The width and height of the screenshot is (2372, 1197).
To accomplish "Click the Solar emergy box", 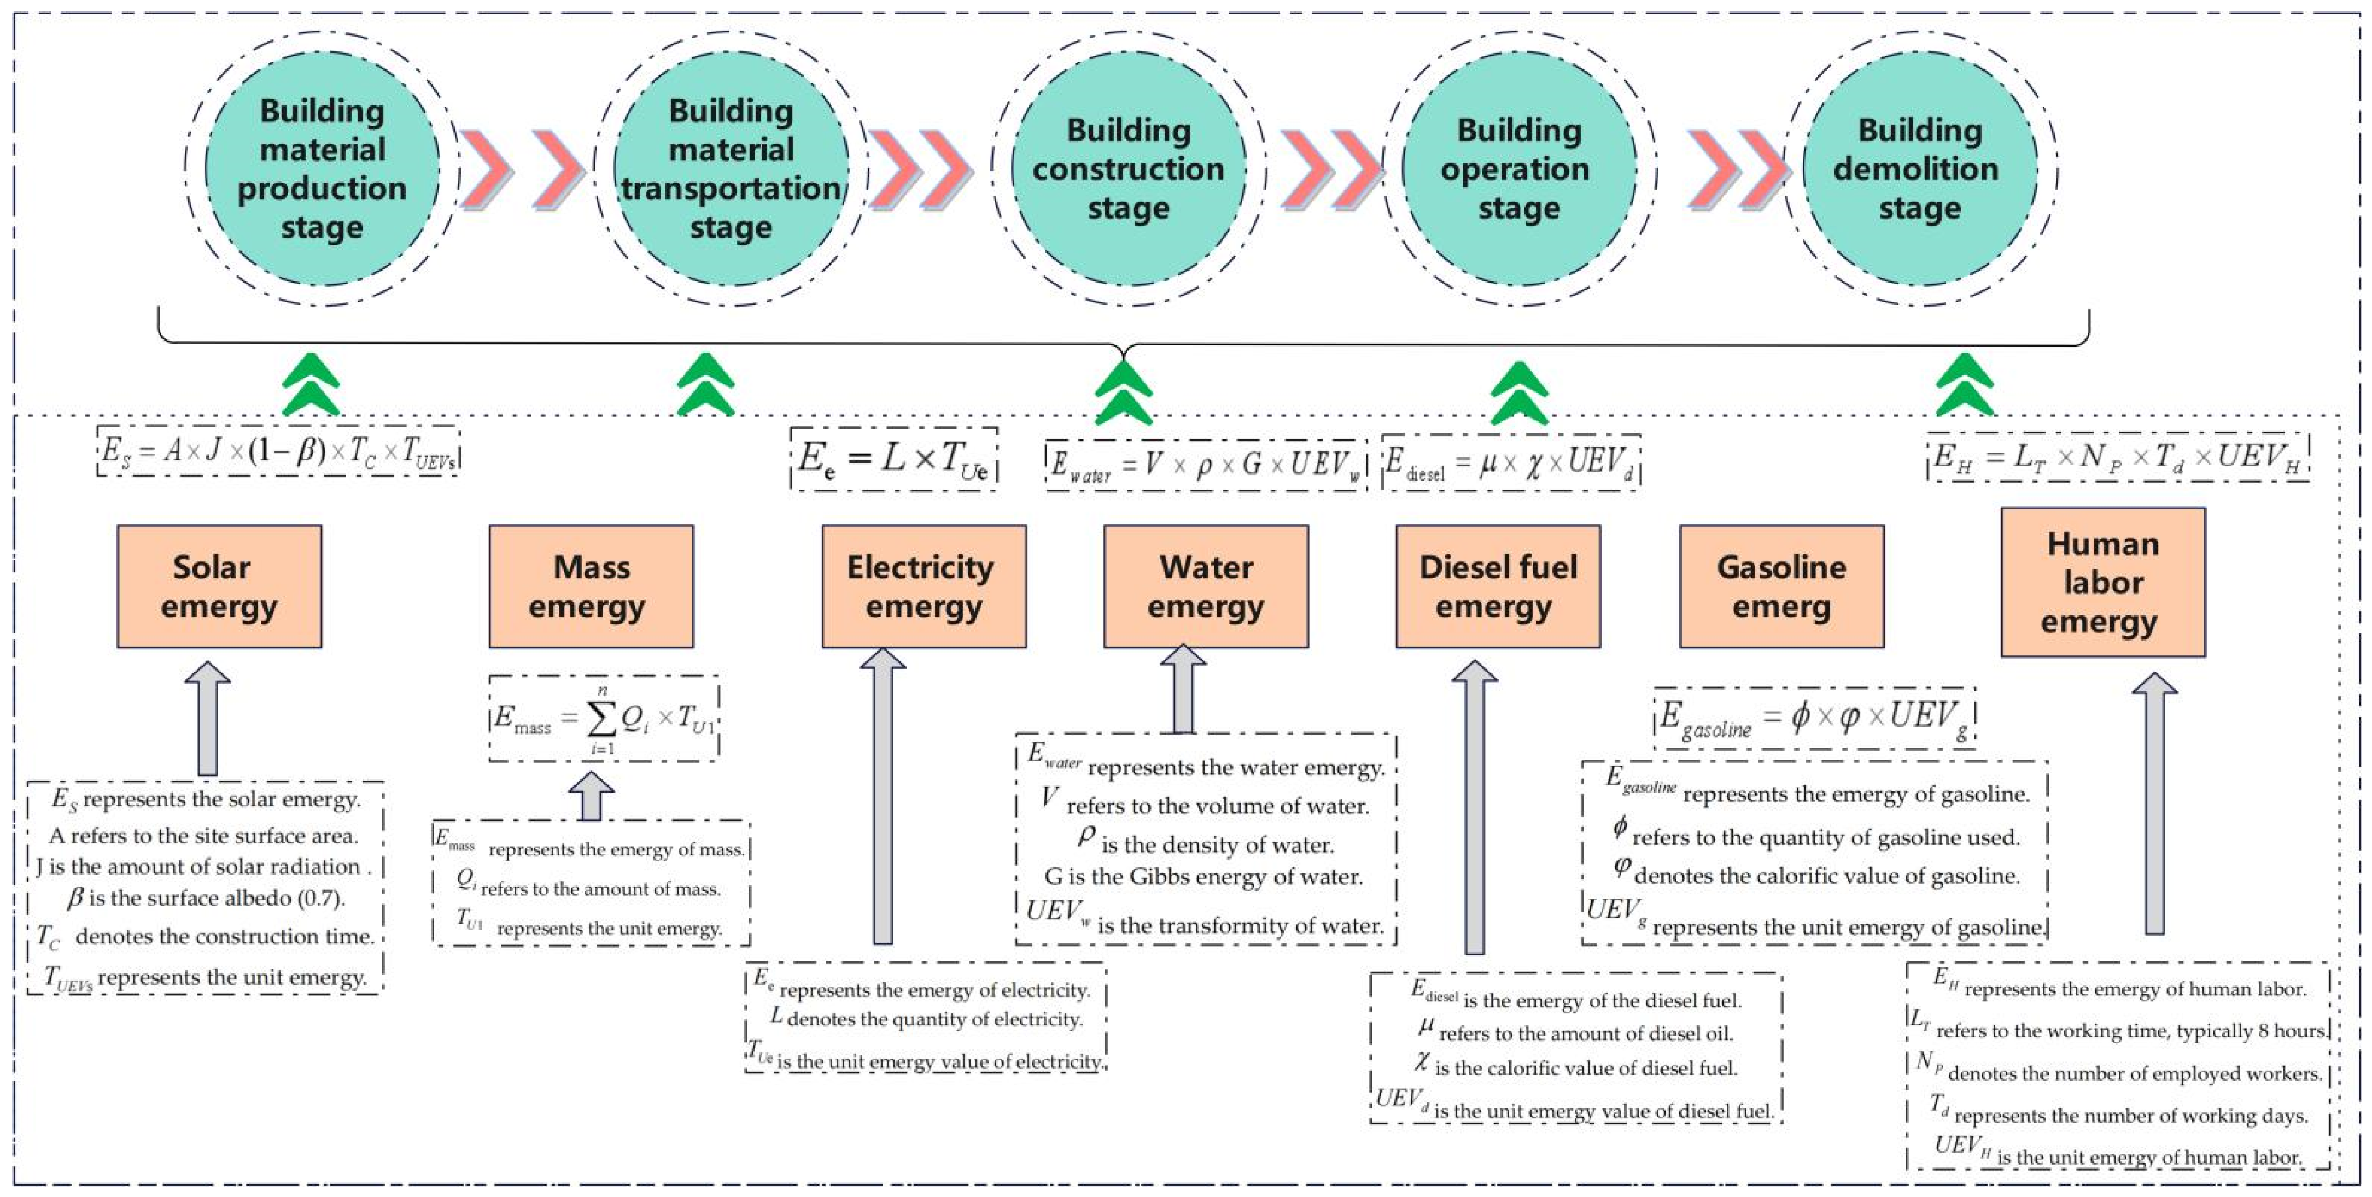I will click(x=219, y=586).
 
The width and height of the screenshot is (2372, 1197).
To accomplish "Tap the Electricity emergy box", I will click(x=924, y=586).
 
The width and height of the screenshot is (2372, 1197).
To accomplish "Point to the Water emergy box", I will click(x=1205, y=586).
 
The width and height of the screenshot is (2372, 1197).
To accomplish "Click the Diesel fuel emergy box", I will click(x=1497, y=586).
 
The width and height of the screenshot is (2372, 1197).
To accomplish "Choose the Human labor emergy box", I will click(x=2102, y=582).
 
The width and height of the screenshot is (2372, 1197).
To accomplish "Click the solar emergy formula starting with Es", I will click(x=278, y=451).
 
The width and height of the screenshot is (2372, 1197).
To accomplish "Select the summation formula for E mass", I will click(x=603, y=718).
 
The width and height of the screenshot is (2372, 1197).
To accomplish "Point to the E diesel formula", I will click(x=1511, y=462).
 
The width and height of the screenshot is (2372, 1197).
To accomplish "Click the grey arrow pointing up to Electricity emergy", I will click(x=882, y=796).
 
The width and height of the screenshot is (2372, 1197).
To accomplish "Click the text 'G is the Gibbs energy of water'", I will click(x=1202, y=877).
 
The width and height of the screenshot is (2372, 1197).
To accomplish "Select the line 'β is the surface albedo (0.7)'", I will click(x=206, y=897).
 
